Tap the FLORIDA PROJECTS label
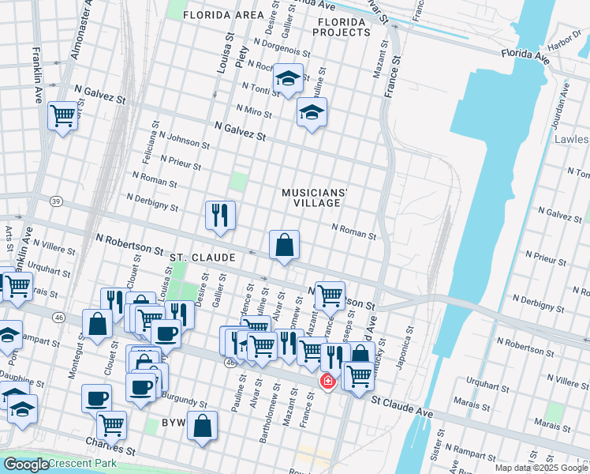[341, 27]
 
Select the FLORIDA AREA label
[223, 15]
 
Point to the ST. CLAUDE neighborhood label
[203, 258]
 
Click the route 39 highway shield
[55, 201]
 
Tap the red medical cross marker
[326, 382]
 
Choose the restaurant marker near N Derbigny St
[220, 214]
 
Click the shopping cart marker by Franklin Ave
[62, 115]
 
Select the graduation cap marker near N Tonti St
[289, 78]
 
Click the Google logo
[25, 465]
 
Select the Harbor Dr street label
[564, 39]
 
